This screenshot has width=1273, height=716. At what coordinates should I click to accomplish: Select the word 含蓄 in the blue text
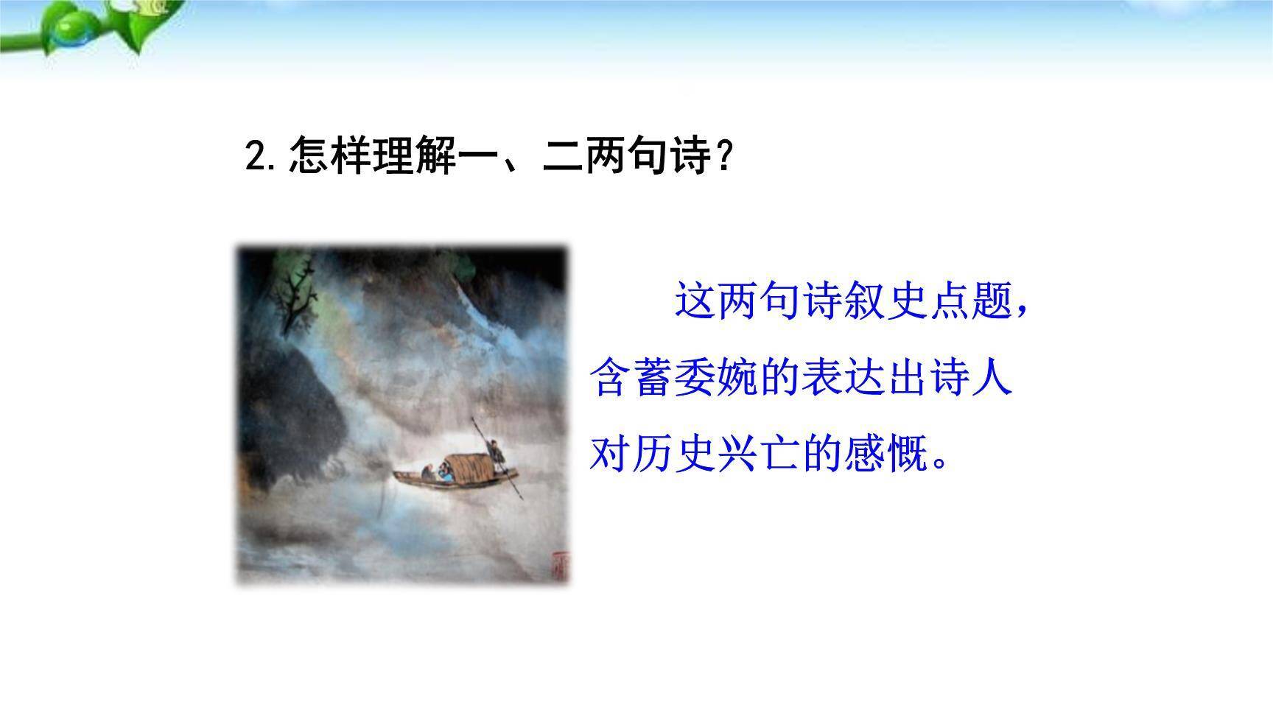tap(631, 379)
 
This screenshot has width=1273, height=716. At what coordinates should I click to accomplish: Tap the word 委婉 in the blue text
tap(715, 379)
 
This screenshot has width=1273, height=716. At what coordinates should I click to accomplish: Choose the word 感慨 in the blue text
tap(884, 454)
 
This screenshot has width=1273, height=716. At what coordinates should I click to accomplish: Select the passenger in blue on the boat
tap(443, 474)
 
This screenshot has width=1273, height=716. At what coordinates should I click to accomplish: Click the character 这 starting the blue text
tap(695, 301)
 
